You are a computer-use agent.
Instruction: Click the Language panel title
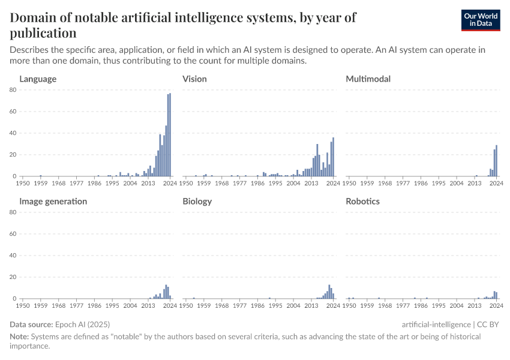(x=38, y=79)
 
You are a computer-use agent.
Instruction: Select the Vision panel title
(x=194, y=79)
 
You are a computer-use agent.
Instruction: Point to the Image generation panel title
(x=53, y=201)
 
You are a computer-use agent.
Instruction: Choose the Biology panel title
(x=197, y=201)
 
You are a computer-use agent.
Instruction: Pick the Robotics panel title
(x=362, y=201)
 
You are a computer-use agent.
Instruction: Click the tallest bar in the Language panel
(x=170, y=135)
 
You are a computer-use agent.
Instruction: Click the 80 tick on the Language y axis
(x=13, y=90)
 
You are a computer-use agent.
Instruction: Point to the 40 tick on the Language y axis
(x=13, y=133)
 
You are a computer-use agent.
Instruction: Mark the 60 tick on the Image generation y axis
(x=13, y=234)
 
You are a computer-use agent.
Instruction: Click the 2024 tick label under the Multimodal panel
(x=496, y=183)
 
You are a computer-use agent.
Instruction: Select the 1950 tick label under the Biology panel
(x=187, y=305)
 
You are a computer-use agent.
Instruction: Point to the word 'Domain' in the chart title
(x=34, y=17)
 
